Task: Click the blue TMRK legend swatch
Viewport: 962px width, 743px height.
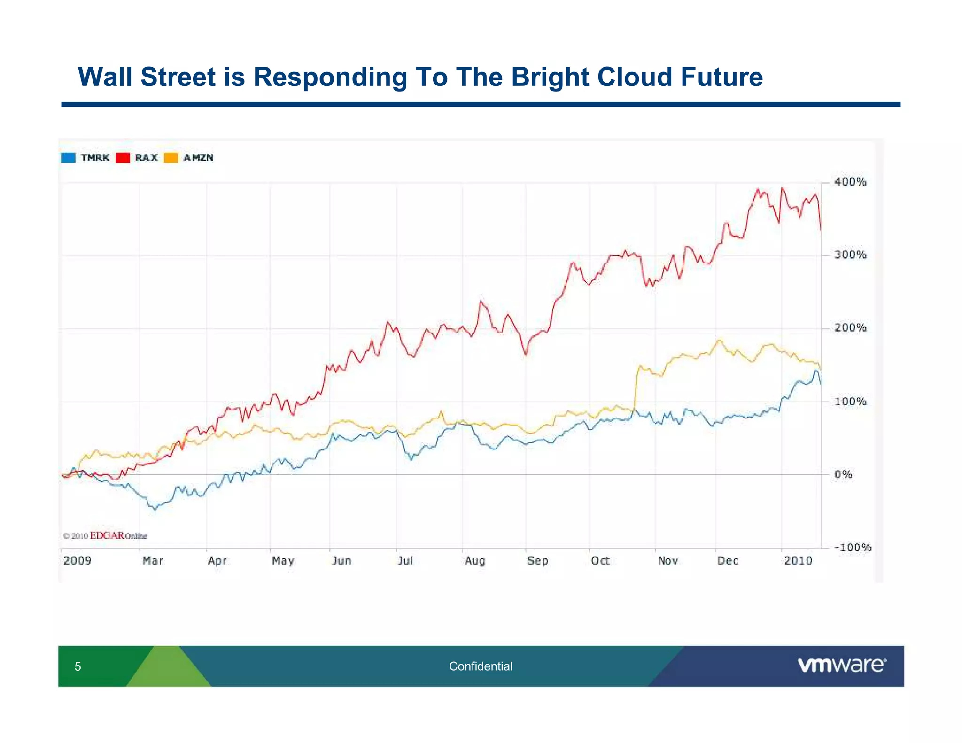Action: [x=68, y=158]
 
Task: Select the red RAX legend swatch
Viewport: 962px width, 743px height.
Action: [x=123, y=158]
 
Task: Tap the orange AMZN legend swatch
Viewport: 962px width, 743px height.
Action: [x=171, y=158]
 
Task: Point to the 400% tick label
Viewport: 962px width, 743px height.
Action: [x=850, y=182]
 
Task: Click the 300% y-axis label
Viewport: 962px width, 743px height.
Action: [x=850, y=255]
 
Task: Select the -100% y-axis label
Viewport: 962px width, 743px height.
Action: [x=852, y=547]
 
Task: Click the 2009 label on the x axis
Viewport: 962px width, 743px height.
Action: [x=78, y=561]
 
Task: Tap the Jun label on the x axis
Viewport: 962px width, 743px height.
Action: [x=341, y=561]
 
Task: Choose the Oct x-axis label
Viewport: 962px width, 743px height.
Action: [x=600, y=561]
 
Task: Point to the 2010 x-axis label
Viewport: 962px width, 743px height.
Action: [x=798, y=561]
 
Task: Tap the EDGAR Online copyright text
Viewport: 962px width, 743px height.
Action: [x=105, y=535]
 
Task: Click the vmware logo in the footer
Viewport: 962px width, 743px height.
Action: [x=841, y=666]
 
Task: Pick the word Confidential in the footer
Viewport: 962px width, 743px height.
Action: [x=481, y=666]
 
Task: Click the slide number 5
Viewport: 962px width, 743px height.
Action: [x=78, y=666]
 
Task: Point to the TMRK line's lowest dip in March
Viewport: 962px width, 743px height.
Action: [x=155, y=509]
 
